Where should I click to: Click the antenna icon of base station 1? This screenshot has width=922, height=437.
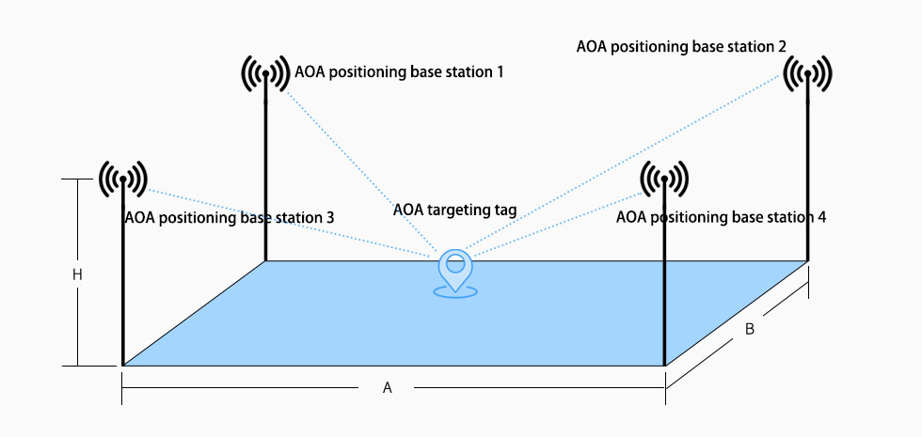coord(266,73)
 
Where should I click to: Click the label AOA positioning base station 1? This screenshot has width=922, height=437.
coord(399,71)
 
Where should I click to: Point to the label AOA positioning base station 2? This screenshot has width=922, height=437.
coord(680,44)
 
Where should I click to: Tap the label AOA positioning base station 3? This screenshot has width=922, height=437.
coord(229,217)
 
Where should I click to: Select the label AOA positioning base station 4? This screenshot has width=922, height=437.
coord(721,217)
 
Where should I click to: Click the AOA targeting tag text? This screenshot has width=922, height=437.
coord(454,210)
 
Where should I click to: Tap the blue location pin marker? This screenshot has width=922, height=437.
coord(455,267)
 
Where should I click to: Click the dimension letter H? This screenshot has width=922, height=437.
coord(78,274)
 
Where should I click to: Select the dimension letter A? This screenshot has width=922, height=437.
coord(387,388)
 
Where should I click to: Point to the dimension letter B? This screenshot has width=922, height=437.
coord(749,330)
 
